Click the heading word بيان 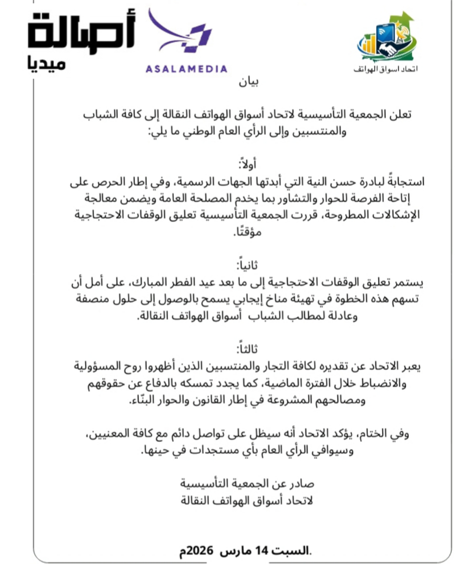(x=248, y=82)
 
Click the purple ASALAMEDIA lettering (x=186, y=69)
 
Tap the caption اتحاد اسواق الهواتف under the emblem (x=385, y=69)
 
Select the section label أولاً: (x=247, y=164)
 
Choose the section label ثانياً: (x=247, y=265)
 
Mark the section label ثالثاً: (x=247, y=349)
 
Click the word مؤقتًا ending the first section (x=247, y=232)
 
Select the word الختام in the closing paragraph (x=378, y=434)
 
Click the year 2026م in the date (x=195, y=550)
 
